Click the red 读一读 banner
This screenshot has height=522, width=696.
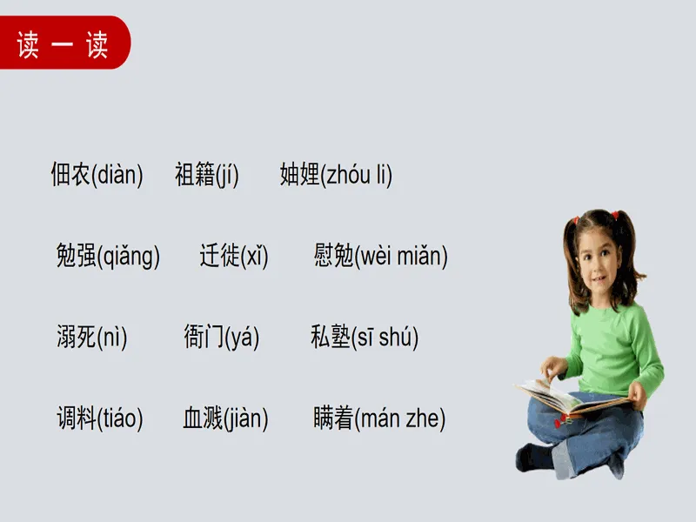(64, 43)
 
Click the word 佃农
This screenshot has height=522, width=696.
(71, 174)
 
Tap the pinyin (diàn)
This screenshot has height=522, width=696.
(117, 175)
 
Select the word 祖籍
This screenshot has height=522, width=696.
(195, 174)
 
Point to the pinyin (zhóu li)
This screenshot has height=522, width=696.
(356, 175)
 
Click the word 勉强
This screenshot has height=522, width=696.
(77, 255)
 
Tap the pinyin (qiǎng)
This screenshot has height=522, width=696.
(128, 256)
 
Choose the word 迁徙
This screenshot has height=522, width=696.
(220, 255)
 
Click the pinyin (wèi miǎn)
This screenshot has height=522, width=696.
(402, 256)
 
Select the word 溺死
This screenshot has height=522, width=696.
(77, 337)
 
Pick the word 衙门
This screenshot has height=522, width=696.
(204, 337)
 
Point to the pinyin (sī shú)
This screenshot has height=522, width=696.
(385, 338)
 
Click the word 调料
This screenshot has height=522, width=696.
(77, 418)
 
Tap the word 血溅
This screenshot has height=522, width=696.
(203, 418)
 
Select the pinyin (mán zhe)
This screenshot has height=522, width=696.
(400, 418)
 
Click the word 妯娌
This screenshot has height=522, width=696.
(299, 174)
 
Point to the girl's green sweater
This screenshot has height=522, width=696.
(617, 346)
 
